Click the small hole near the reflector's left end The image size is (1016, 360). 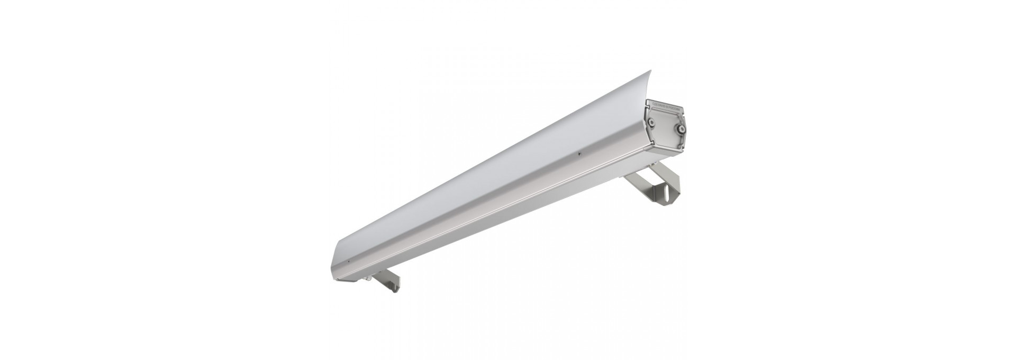click(348, 262)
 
